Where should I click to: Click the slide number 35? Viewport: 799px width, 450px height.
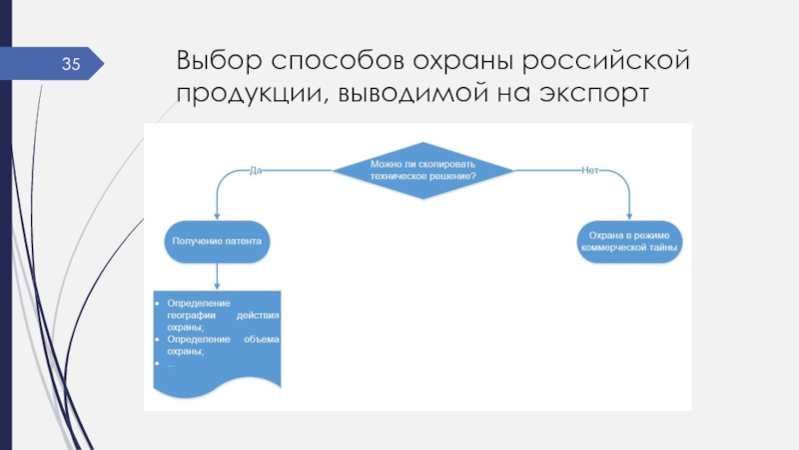pyautogui.click(x=71, y=66)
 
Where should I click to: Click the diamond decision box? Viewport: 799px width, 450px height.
pyautogui.click(x=422, y=169)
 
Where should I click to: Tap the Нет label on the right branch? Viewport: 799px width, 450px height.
pyautogui.click(x=589, y=169)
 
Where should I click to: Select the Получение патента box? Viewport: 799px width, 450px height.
pyautogui.click(x=217, y=241)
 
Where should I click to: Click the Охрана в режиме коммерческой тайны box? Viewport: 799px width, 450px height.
pyautogui.click(x=629, y=241)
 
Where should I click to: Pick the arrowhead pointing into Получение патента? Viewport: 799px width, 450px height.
pyautogui.click(x=217, y=215)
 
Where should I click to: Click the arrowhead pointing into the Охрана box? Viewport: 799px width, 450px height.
pyautogui.click(x=629, y=215)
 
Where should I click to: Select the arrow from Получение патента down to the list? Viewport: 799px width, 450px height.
pyautogui.click(x=217, y=274)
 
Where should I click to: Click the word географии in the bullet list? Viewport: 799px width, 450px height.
pyautogui.click(x=192, y=314)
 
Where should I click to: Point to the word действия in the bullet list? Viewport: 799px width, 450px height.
pyautogui.click(x=257, y=314)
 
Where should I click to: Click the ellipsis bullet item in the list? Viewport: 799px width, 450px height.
pyautogui.click(x=171, y=362)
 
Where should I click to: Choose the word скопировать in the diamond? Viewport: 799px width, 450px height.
pyautogui.click(x=445, y=163)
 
